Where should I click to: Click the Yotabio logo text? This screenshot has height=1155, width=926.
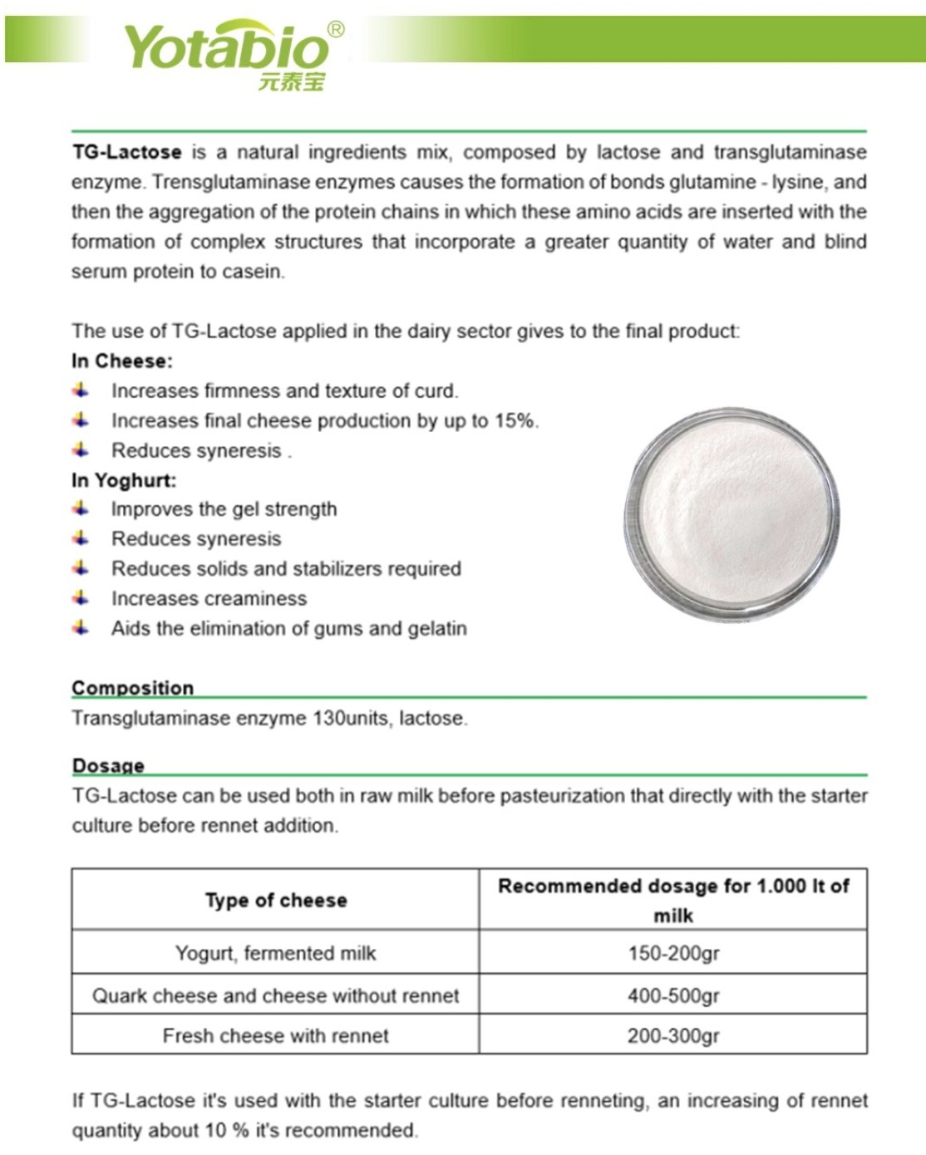click(x=226, y=47)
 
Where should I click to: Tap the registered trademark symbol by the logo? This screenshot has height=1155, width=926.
click(x=336, y=30)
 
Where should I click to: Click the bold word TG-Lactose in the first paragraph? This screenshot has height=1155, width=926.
click(x=126, y=152)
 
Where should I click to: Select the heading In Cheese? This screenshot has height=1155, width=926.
click(x=121, y=361)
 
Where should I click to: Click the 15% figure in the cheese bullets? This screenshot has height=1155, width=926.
click(x=515, y=420)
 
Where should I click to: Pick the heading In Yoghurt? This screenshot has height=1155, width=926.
click(x=123, y=480)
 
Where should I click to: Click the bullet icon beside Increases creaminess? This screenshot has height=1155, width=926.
click(x=81, y=598)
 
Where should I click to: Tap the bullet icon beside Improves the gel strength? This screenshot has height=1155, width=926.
click(x=81, y=509)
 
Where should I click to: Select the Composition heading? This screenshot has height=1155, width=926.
click(x=132, y=687)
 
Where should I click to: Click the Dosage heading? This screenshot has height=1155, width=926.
click(x=108, y=765)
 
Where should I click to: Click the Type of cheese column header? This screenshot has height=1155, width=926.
click(x=276, y=900)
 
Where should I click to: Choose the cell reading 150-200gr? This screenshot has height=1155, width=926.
click(x=673, y=953)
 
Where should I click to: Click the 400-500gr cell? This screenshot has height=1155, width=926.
click(x=673, y=995)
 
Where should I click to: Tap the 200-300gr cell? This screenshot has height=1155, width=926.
click(x=673, y=1035)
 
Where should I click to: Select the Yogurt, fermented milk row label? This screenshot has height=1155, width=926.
click(x=276, y=953)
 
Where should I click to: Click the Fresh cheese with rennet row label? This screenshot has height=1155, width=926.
click(x=276, y=1035)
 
